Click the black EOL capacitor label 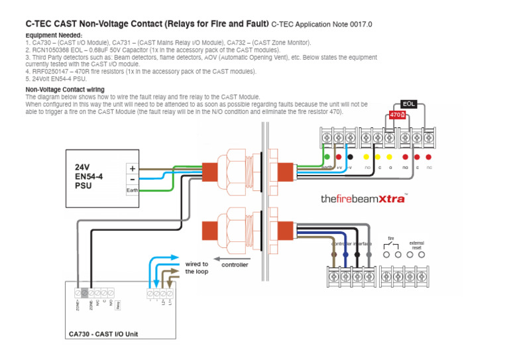408,104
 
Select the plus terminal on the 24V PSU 133,168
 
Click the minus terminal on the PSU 133,179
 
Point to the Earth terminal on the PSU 133,190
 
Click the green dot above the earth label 326,157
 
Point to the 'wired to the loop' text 196,268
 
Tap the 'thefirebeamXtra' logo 364,198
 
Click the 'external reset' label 416,245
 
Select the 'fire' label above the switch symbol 391,237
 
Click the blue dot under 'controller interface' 345,254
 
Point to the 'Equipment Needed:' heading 54,35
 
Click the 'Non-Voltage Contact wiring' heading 64,90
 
